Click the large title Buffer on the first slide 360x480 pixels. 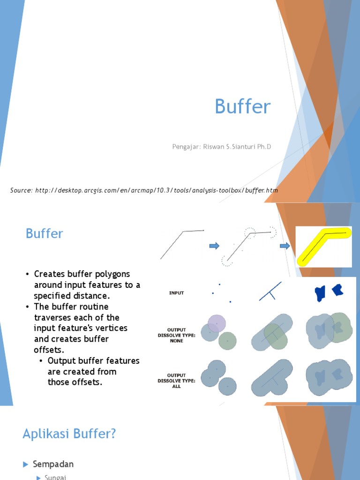pos(242,107)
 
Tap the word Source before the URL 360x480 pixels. pos(21,190)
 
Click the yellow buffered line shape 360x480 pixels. pos(323,246)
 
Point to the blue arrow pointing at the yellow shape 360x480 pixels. pos(285,246)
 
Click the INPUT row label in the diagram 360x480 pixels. pos(176,293)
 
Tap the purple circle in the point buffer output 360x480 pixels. pos(217,322)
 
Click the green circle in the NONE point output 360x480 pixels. pos(227,341)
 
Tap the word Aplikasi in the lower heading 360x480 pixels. pos(45,434)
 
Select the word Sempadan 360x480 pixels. pos(53,464)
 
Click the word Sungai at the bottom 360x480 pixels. pos(55,477)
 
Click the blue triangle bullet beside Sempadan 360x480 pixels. pos(26,464)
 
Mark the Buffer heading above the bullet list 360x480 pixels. pos(44,233)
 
